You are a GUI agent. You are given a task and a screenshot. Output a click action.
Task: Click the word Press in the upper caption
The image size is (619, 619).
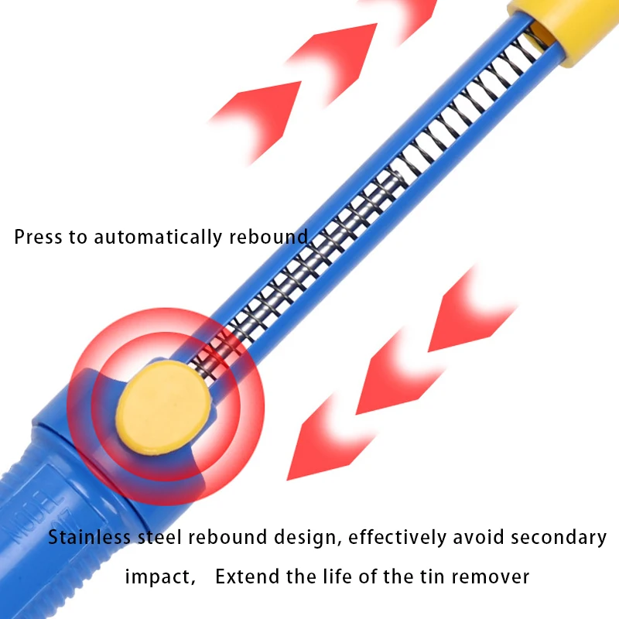pos(38,237)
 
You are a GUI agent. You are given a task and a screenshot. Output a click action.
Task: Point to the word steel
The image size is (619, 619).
pos(160,537)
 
